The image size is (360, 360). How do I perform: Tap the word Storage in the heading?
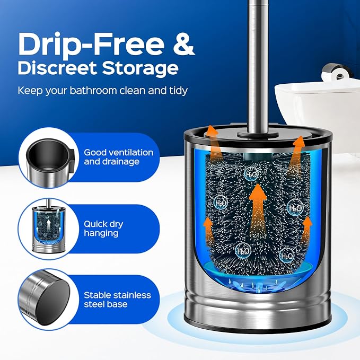point(140,68)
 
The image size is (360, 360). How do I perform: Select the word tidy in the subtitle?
point(178,91)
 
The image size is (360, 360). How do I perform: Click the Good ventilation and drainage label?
point(118,157)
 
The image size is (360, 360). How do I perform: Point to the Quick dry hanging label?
point(103,229)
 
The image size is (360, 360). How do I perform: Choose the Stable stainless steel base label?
point(117,300)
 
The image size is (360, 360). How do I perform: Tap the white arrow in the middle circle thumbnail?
point(48,225)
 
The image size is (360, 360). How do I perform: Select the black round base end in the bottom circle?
point(53,302)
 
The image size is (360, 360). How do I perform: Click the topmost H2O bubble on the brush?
point(251,174)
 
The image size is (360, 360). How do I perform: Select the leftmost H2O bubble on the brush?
point(221,203)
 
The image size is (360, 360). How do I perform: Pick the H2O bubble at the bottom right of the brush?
point(287,256)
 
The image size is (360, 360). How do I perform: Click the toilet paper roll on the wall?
point(337,73)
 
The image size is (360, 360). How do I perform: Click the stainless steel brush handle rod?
point(259,67)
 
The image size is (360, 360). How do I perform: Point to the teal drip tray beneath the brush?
point(258,269)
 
